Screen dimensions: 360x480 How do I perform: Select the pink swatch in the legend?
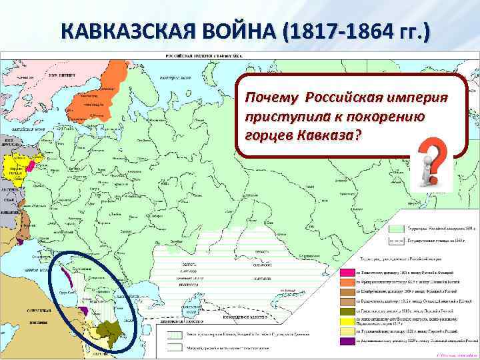point(346,272)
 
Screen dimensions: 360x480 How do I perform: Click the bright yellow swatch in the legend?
point(346,330)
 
